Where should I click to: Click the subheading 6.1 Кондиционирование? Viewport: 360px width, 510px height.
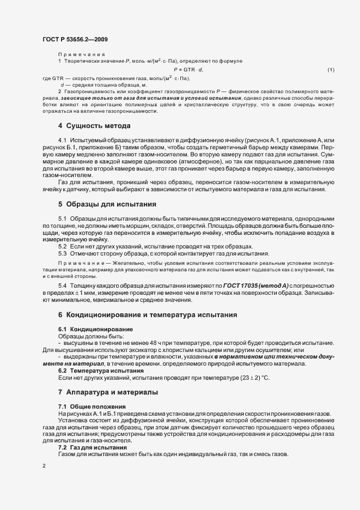(x=93, y=330)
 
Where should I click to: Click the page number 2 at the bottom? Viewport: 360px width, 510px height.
(x=44, y=466)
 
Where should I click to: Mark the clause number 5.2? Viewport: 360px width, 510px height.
(x=63, y=247)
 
